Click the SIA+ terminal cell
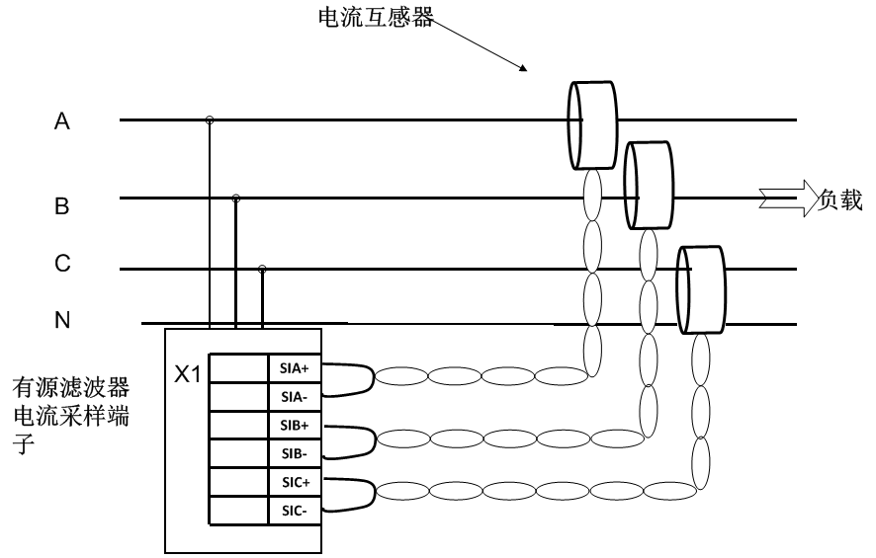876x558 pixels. pos(295,367)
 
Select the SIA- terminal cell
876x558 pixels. pos(295,395)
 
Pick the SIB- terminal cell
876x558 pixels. pos(295,452)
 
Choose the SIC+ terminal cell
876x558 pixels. pos(295,481)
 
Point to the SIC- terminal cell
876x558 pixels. pos(295,510)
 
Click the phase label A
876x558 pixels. pos(61,121)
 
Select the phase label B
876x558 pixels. pos(61,206)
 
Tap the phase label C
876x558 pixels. pos(61,264)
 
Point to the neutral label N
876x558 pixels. pos(61,320)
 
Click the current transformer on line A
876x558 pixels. pos(591,125)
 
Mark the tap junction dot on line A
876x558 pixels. pos(210,120)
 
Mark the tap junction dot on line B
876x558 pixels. pos(235,199)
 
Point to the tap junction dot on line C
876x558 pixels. pos(262,268)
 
